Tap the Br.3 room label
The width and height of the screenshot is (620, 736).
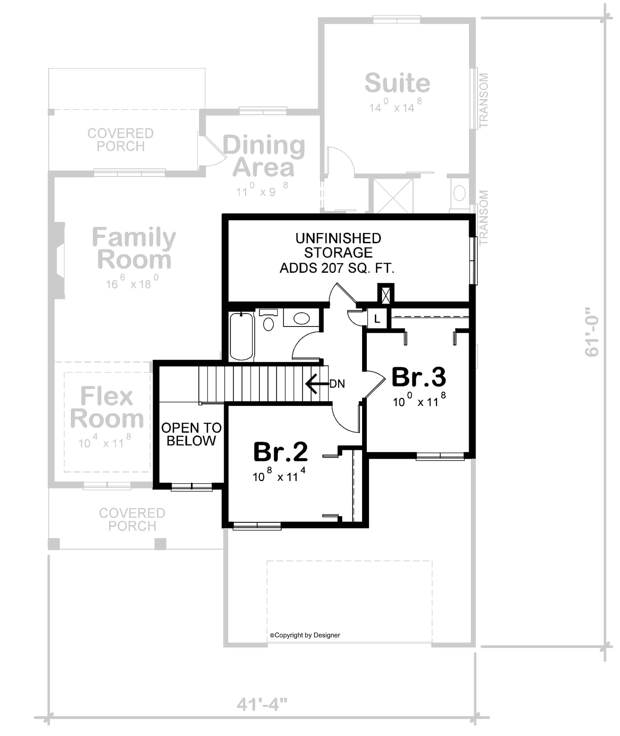(418, 377)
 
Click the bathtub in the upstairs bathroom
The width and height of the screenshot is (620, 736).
(241, 336)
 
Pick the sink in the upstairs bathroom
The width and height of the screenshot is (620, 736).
(301, 318)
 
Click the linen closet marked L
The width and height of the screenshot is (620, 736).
(377, 318)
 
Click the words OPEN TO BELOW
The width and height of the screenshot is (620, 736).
(191, 434)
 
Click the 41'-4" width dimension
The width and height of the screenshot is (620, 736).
(262, 704)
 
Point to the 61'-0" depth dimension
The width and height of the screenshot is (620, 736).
(592, 332)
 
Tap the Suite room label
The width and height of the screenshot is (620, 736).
(397, 83)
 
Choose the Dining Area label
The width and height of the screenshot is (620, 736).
(263, 156)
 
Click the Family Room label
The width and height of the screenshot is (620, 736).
(134, 248)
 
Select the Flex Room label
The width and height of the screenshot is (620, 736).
(107, 407)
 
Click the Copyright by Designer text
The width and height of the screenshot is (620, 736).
(305, 635)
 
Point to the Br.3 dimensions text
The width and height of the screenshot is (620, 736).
(419, 400)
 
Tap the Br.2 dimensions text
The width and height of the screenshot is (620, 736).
(279, 475)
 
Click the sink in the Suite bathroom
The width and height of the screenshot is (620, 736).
(459, 193)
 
